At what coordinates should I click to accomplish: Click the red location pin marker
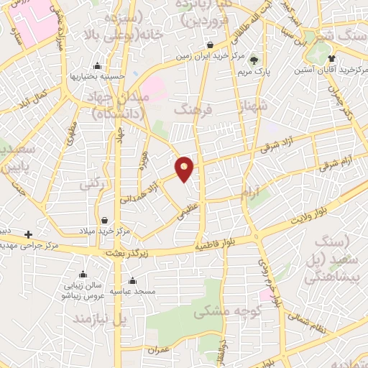pyautogui.click(x=185, y=168)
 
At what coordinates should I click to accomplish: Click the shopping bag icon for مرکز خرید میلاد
pyautogui.click(x=106, y=220)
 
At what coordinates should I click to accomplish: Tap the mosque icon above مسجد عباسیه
pyautogui.click(x=132, y=282)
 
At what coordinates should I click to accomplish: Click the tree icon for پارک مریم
pyautogui.click(x=253, y=60)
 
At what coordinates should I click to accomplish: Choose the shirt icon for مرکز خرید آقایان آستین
pyautogui.click(x=331, y=59)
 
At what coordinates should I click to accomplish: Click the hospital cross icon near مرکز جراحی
pyautogui.click(x=27, y=234)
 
